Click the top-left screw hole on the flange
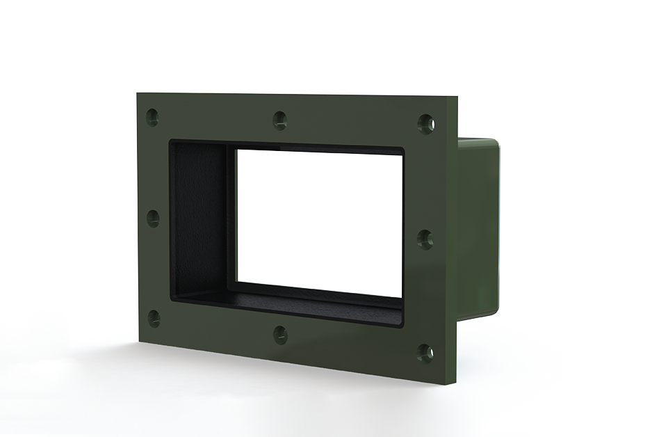[x=153, y=116]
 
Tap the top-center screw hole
[x=279, y=120]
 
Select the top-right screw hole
[x=425, y=124]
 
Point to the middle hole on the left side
[x=153, y=218]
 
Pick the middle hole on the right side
[x=425, y=239]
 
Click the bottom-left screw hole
[x=154, y=318]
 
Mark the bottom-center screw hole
[x=280, y=335]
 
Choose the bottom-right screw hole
[x=425, y=352]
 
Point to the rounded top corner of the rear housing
[x=495, y=143]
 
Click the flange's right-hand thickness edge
[x=455, y=244]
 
